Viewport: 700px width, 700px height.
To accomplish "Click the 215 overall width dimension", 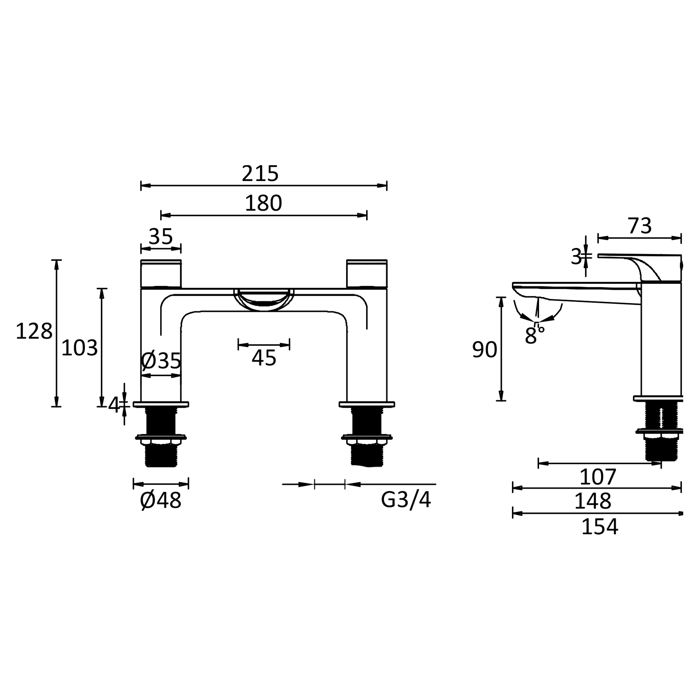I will pos(260,174).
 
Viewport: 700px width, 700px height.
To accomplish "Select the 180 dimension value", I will pos(263,203).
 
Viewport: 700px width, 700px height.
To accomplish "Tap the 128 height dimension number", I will pos(34,331).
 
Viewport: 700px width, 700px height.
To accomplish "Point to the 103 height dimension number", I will pos(79,348).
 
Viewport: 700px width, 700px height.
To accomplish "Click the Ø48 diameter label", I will pos(161,501).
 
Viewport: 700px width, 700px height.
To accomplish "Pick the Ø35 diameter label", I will pos(161,360).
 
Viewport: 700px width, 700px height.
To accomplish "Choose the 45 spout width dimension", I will pos(264,358).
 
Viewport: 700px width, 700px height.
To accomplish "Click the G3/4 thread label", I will pos(406,500).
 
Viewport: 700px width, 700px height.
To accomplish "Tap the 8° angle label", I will pos(533,335).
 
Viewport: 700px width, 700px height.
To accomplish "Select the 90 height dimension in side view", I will pos(484,350).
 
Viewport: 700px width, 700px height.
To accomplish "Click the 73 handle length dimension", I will pos(639,226).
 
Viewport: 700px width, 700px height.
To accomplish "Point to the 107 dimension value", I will pos(598,477).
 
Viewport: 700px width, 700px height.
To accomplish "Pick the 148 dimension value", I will pos(593,501).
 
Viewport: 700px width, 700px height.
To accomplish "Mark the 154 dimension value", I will pos(600,526).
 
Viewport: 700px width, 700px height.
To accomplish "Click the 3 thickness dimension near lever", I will pos(576,257).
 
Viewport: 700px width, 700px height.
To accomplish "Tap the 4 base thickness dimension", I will pos(113,405).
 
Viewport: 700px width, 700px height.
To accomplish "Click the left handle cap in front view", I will pos(161,274).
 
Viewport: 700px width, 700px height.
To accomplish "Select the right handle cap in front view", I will pos(367,274).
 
